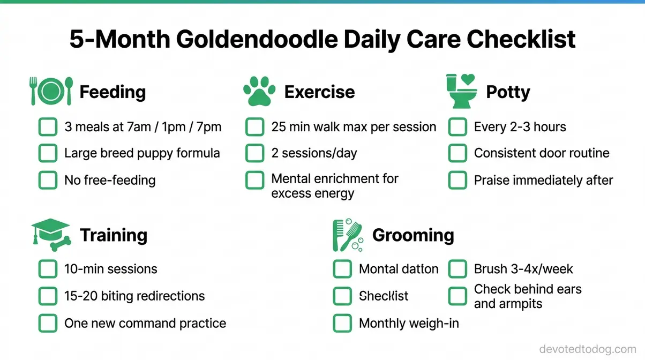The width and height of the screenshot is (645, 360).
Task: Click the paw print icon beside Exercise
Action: (259, 92)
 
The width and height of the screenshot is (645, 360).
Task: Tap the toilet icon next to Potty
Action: (461, 92)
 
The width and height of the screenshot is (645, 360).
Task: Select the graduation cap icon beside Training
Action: (51, 235)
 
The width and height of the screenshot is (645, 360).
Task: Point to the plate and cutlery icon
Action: (51, 92)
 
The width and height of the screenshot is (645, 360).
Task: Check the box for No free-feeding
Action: (48, 180)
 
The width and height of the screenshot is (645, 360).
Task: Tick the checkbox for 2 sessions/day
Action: (254, 153)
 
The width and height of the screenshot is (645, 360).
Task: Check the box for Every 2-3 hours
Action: (457, 127)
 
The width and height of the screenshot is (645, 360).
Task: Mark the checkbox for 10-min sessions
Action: (48, 269)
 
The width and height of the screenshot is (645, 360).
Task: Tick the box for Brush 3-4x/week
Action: (457, 269)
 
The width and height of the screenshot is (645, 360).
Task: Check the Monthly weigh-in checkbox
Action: (342, 323)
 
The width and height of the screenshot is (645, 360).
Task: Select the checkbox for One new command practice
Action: (48, 323)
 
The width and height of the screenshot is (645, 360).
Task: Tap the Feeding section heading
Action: (112, 92)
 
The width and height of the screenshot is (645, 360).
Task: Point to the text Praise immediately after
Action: (543, 180)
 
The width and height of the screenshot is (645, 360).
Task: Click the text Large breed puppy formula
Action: (142, 153)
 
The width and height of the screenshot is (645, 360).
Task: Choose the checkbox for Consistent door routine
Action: (457, 153)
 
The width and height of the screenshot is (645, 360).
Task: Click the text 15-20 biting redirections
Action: (134, 296)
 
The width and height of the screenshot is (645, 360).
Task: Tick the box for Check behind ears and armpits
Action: (457, 296)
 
